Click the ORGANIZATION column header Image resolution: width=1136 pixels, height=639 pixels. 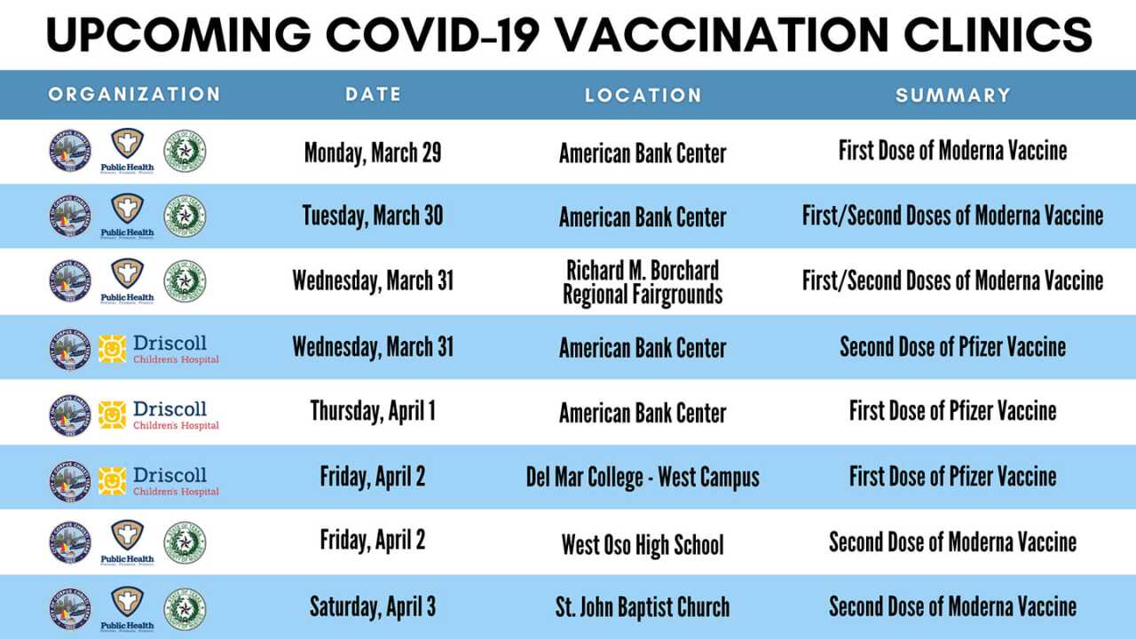pos(134,94)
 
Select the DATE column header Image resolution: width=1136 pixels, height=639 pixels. pos(373,94)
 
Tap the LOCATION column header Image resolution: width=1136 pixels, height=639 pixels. pos(643,95)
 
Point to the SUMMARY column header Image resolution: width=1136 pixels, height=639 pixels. pos(952,95)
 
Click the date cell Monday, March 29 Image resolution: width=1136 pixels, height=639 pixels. pos(373,153)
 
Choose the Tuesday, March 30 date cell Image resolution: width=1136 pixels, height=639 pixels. pos(373,216)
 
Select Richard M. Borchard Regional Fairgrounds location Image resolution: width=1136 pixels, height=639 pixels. pos(643,282)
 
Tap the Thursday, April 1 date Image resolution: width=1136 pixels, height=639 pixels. pos(373,412)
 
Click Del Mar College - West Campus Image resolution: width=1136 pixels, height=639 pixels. pos(643,477)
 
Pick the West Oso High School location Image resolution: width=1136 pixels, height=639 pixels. pos(643,544)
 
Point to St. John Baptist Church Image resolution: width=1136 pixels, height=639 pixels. pos(643,608)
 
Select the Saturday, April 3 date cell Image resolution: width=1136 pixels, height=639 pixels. pos(373,608)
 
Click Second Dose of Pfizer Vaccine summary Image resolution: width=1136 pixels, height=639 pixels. pos(952,347)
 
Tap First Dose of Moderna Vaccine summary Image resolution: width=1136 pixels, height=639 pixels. pos(952,151)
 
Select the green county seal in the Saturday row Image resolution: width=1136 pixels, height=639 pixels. pos(185,609)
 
